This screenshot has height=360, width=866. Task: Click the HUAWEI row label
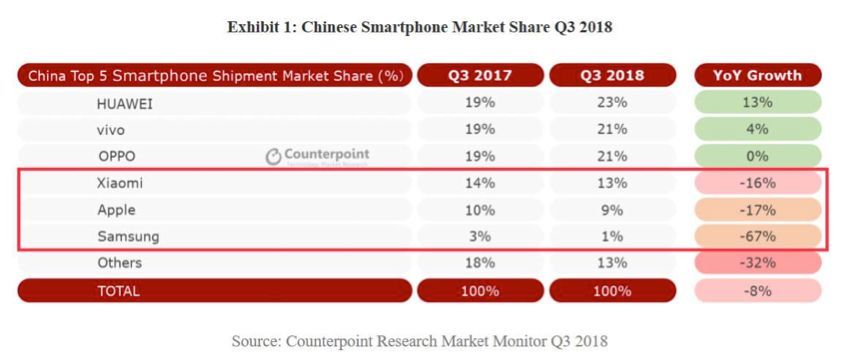point(124,102)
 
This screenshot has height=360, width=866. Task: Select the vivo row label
point(111,129)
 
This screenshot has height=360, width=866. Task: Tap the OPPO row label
point(116,156)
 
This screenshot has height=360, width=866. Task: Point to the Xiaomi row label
point(120,183)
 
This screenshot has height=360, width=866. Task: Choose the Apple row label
point(117,210)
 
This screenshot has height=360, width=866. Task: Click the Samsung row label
point(127,236)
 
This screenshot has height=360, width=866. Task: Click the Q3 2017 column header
point(481,75)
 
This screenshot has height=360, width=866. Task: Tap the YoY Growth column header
point(757,75)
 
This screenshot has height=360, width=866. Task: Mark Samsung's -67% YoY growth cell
point(757,236)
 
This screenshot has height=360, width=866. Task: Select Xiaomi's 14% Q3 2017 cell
point(481,183)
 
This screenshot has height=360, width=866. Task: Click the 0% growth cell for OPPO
point(757,156)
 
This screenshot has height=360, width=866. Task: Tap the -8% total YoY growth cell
point(757,291)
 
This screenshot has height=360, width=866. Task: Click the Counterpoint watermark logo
point(317,156)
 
